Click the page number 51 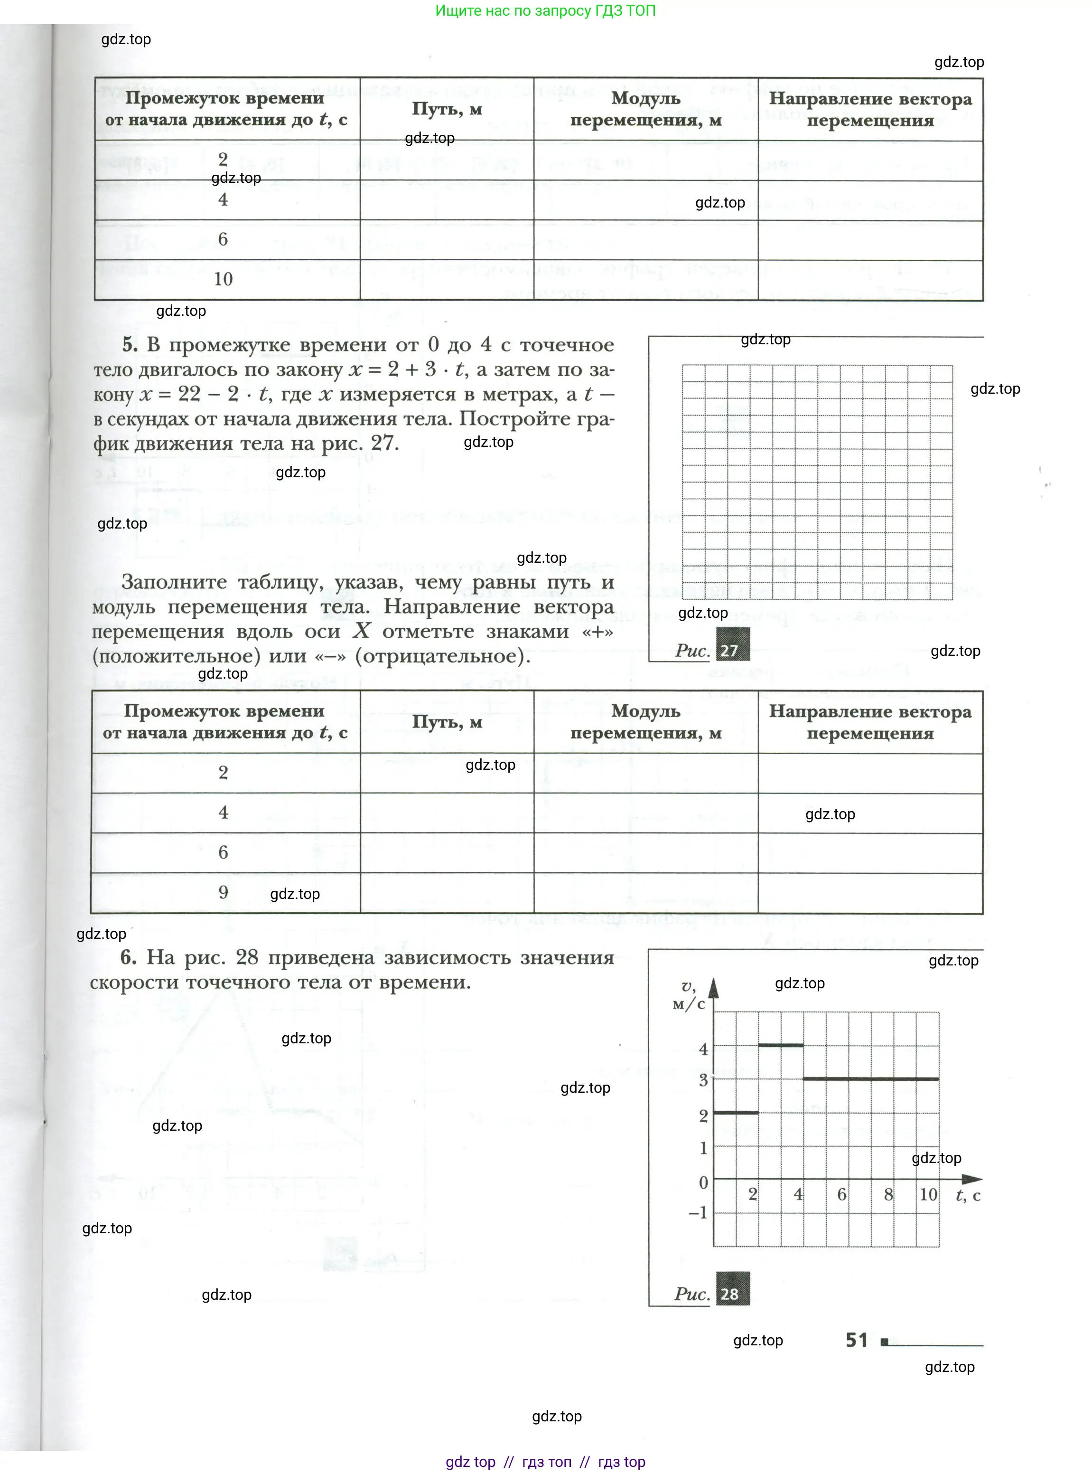(856, 1340)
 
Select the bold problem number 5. (130, 345)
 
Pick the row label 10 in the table (224, 279)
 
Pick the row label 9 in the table (224, 892)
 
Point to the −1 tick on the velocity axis (698, 1212)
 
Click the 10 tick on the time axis (928, 1194)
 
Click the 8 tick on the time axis (888, 1194)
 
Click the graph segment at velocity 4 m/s (781, 1045)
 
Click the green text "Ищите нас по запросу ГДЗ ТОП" (545, 10)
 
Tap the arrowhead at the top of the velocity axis (713, 988)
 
